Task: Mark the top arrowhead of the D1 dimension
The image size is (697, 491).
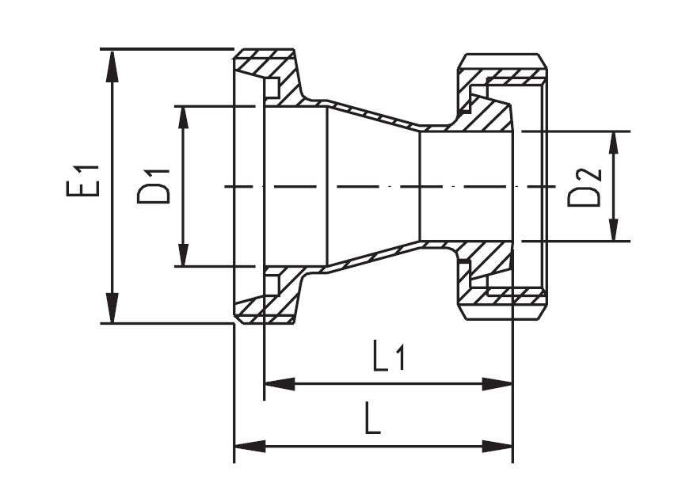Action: tap(184, 116)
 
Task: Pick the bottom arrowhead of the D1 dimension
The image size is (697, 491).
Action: tap(184, 255)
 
